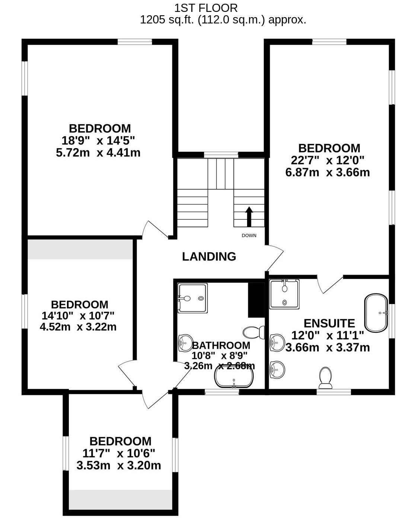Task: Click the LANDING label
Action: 209,256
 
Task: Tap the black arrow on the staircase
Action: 249,217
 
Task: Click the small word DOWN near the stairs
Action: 249,236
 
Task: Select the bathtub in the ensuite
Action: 376,313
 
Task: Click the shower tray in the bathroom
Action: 192,298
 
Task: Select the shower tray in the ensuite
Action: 284,294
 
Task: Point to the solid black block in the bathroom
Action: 256,300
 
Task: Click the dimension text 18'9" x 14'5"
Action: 98,140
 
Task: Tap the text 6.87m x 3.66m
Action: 328,172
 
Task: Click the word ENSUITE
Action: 329,323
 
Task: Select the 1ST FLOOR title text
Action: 206,8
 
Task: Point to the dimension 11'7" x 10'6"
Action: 119,453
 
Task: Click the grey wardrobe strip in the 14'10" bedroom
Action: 80,249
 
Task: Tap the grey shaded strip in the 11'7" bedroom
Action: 121,500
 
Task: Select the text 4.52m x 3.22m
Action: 78,327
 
